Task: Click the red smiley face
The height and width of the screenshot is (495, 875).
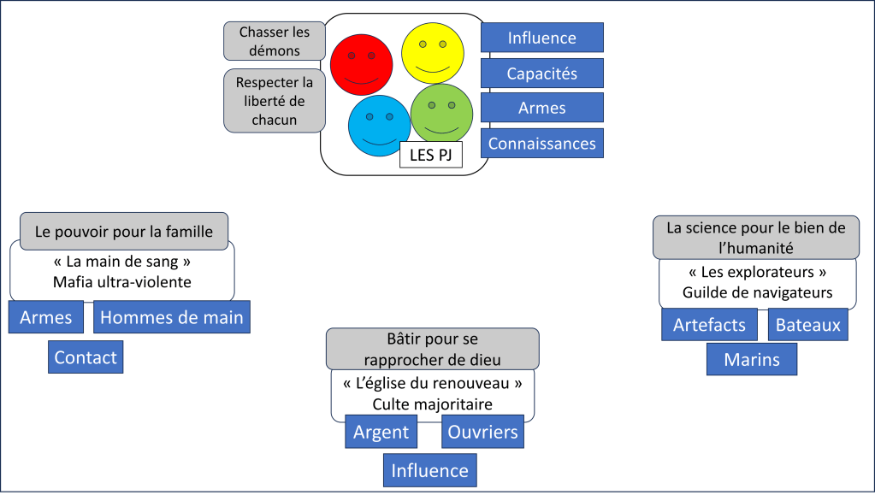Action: [361, 64]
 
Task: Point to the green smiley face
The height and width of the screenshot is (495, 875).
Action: [442, 113]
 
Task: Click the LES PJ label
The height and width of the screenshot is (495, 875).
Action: [431, 155]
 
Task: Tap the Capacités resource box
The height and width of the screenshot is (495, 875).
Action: [541, 74]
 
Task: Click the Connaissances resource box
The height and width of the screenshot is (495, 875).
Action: [541, 144]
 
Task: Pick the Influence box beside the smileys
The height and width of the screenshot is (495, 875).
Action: [541, 38]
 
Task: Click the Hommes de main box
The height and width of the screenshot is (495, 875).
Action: [171, 318]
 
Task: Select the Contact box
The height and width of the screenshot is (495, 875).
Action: [86, 357]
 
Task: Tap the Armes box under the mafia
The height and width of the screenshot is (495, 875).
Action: [46, 318]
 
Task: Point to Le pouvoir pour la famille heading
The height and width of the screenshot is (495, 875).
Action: [124, 231]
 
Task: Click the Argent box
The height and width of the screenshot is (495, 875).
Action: [381, 432]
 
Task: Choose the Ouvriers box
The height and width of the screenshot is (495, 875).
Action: [483, 432]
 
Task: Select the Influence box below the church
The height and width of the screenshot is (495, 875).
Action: [429, 470]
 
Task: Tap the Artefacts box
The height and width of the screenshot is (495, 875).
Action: [709, 325]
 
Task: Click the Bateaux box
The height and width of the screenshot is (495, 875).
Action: [808, 325]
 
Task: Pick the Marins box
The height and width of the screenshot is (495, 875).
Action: [752, 359]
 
